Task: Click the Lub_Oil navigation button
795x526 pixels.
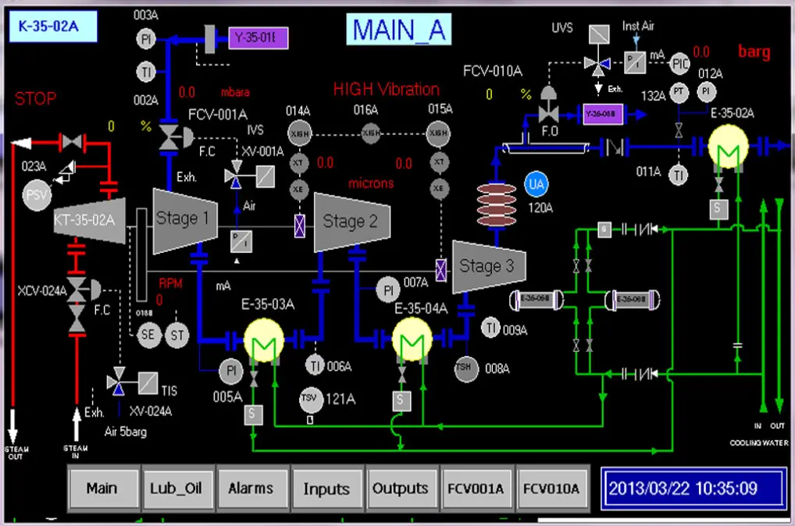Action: pos(176,489)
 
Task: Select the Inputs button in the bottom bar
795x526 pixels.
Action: pos(326,489)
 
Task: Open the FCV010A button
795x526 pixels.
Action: pos(551,489)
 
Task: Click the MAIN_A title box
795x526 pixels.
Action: pos(398,30)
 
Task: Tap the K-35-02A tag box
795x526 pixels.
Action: pos(52,27)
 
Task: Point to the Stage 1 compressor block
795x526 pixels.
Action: pos(185,219)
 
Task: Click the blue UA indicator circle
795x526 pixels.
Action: pos(537,184)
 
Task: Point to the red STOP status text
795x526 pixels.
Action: pos(36,99)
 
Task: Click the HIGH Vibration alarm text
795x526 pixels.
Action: pos(386,89)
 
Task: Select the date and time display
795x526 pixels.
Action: pos(683,489)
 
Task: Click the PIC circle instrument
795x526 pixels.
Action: pos(680,62)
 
